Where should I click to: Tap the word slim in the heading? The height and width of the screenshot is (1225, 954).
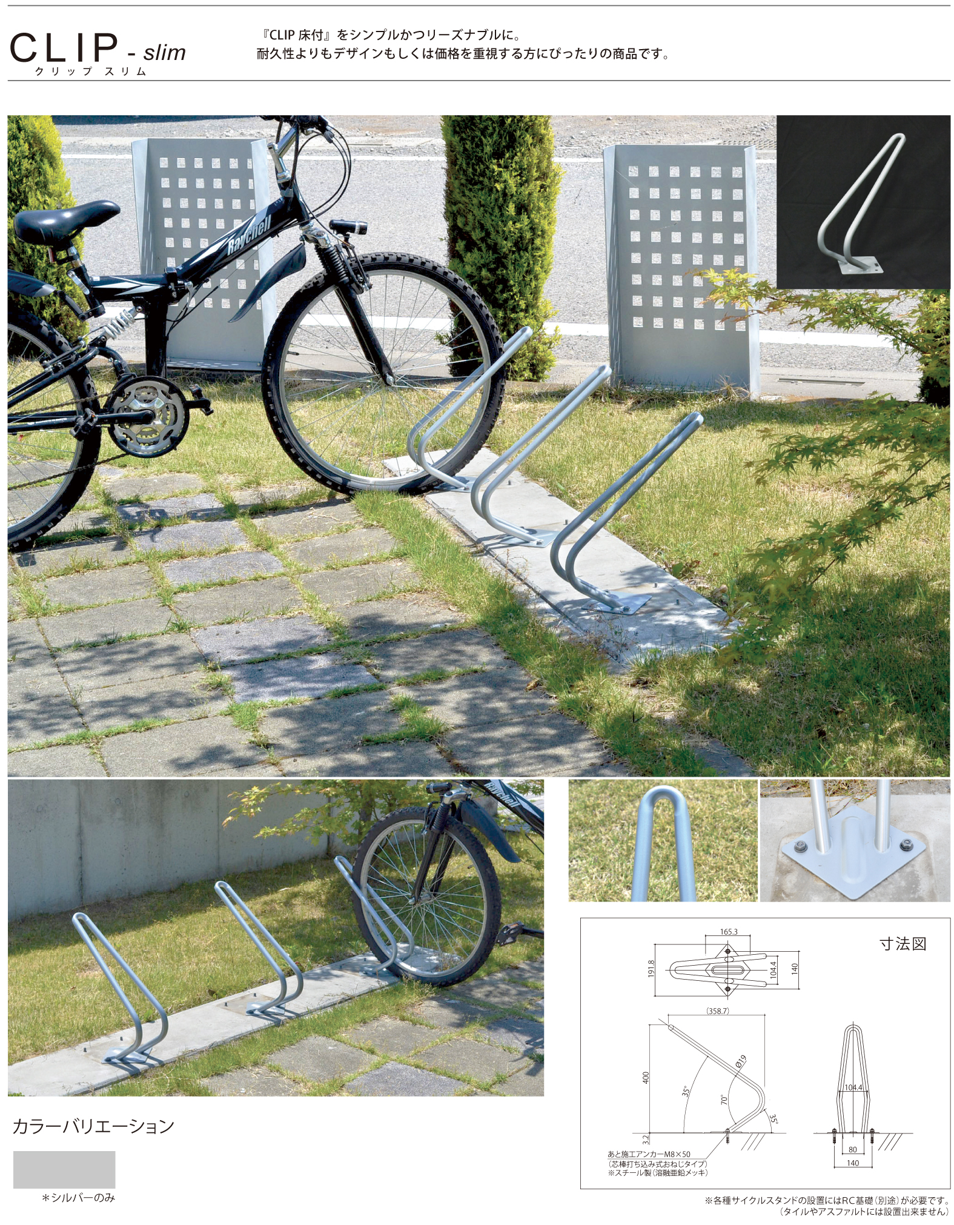point(164,52)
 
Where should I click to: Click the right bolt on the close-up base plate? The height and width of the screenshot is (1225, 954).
point(906,844)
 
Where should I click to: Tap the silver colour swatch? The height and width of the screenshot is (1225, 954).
point(64,1169)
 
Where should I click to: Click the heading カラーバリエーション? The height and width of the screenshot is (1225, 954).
point(94,1126)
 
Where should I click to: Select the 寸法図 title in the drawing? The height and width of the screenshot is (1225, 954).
point(903,943)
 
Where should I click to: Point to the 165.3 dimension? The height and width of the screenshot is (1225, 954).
point(729,932)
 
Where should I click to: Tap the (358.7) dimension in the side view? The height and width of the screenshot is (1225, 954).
point(717,1011)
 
